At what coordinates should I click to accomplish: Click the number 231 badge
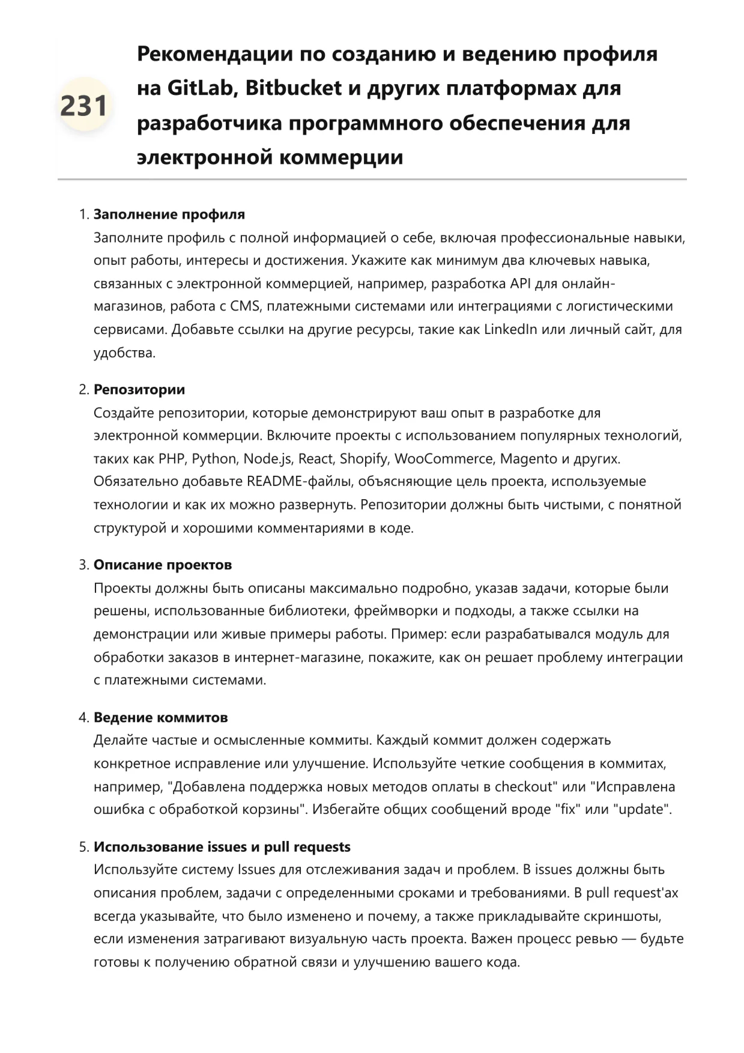(84, 106)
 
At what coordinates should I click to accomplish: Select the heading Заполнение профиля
(169, 214)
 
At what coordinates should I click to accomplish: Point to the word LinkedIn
(510, 330)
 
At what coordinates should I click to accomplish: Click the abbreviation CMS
(245, 306)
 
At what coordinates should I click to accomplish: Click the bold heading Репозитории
(139, 390)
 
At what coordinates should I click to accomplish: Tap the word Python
(214, 459)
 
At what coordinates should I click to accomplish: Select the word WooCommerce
(443, 459)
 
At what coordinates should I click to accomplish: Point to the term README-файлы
(288, 482)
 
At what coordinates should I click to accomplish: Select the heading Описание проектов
(162, 565)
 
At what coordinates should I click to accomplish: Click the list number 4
(83, 718)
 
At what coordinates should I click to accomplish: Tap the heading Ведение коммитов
(160, 718)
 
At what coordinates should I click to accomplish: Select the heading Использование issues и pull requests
(222, 847)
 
